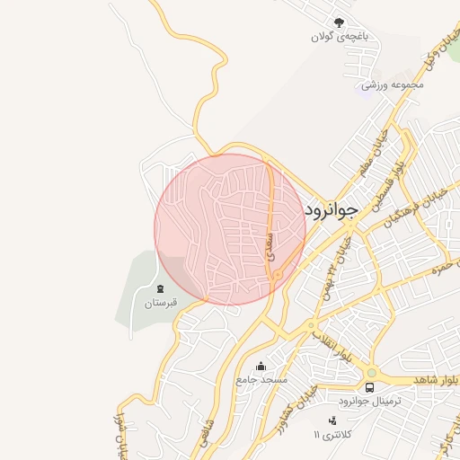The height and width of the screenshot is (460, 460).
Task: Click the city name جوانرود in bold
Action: click(x=332, y=209)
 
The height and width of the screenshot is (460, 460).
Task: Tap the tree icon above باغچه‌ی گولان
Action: click(x=339, y=22)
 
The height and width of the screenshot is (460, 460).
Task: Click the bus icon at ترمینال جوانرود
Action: click(x=370, y=387)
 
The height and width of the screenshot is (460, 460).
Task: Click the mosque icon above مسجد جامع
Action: click(x=261, y=366)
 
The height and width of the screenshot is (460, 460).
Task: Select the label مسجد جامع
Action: click(x=261, y=380)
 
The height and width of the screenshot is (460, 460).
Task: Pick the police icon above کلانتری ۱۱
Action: click(x=332, y=420)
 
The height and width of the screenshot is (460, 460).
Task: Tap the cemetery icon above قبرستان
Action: click(x=162, y=288)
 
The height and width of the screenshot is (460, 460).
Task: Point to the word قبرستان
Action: click(x=163, y=303)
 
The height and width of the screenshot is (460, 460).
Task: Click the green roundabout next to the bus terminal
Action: click(x=370, y=372)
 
